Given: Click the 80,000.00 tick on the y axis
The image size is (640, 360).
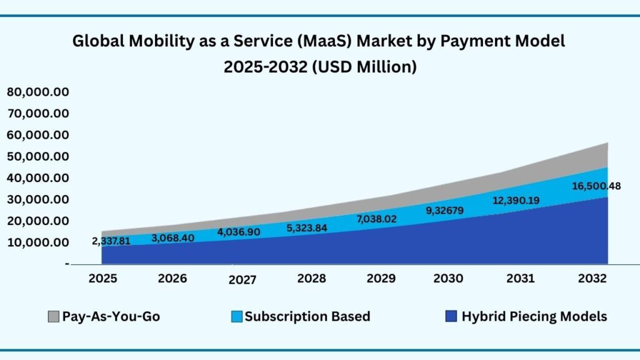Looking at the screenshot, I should tap(37, 92).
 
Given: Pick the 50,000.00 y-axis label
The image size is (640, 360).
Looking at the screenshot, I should tap(37, 157).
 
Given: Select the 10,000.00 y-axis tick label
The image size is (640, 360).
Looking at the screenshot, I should tap(37, 242).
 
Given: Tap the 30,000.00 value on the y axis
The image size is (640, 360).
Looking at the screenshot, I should tap(37, 199).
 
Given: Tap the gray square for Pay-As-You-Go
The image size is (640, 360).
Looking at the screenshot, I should tap(54, 317).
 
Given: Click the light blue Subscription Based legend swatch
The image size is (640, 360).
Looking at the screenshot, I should tap(237, 317).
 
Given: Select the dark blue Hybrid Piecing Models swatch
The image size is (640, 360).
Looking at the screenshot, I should tap(451, 317).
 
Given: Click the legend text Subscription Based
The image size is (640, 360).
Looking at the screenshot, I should tap(307, 317).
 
